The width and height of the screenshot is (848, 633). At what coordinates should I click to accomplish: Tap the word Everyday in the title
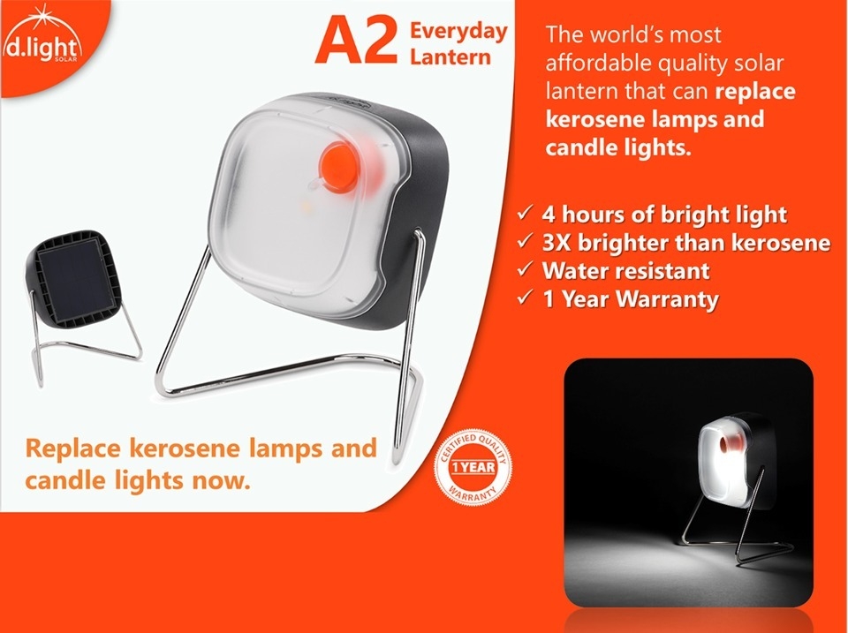click(458, 32)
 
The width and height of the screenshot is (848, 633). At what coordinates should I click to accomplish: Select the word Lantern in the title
click(450, 57)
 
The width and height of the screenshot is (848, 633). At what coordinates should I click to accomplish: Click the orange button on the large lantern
click(338, 167)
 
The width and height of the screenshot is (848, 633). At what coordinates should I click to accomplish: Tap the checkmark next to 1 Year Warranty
click(525, 298)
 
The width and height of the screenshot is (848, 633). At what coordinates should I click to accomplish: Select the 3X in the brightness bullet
click(556, 242)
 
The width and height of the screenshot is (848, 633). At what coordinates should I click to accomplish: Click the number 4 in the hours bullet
click(549, 214)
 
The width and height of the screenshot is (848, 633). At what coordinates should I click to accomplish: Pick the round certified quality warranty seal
click(473, 467)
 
